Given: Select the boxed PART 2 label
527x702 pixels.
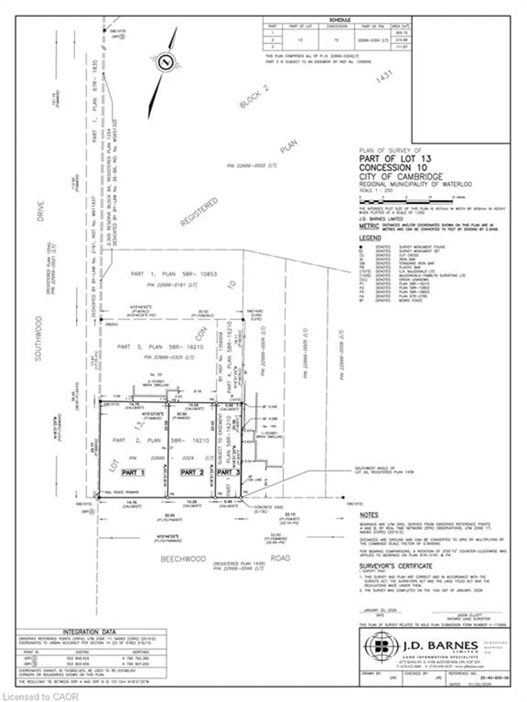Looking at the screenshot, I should [x=192, y=473].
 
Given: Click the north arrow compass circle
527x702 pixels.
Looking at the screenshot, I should [x=165, y=62].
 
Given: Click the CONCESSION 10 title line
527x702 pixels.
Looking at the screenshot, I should [x=393, y=168].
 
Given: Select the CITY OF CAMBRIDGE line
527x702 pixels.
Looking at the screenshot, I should [x=401, y=176].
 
